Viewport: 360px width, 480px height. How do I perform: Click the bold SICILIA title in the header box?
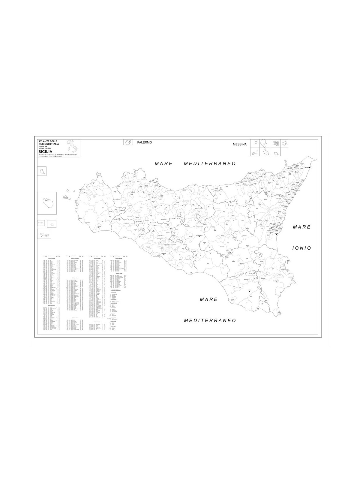45,151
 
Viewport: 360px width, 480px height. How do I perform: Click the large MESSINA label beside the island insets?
239,144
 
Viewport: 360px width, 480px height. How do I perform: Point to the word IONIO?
302,248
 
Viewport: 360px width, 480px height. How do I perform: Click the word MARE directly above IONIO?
302,227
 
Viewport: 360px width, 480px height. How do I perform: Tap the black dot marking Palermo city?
144,178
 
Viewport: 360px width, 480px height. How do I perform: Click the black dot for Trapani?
80,189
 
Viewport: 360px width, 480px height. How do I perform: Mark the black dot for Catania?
277,234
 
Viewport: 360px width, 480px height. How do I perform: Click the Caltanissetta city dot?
199,237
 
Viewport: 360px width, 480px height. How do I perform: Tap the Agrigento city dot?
164,255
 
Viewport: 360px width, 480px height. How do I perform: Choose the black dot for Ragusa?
249,291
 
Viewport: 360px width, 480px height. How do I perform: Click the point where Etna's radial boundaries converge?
270,211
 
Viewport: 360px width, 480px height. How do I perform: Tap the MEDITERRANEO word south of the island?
210,320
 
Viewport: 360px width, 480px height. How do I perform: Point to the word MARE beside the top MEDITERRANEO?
164,163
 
